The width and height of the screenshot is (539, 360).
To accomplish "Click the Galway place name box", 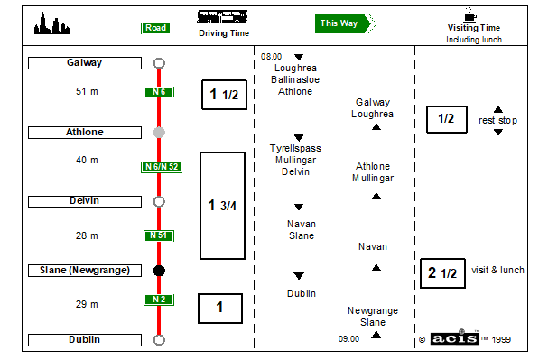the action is point(85,63).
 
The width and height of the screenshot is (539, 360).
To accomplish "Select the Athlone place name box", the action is point(85,133).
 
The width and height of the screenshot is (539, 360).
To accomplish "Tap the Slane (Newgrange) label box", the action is point(85,271).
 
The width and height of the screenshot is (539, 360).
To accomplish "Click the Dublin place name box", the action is point(85,340).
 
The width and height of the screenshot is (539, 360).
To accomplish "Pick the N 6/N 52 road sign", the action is point(162,167).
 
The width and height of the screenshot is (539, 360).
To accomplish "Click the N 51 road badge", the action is point(159,235).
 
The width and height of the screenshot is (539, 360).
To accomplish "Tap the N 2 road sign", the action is point(159,300).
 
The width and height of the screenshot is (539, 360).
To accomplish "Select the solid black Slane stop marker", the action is point(159,271).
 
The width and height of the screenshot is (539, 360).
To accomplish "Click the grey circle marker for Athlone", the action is point(159,133).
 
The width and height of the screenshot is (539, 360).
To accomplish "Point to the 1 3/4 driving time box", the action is point(223,206).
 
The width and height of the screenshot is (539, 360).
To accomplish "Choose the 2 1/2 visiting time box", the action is point(442,273).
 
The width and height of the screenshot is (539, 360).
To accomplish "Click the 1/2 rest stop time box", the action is point(447,119).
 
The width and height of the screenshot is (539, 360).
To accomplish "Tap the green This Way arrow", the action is point(346,23).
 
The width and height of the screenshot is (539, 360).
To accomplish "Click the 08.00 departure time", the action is point(271,57).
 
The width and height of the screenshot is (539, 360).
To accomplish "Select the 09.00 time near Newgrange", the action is point(348,339).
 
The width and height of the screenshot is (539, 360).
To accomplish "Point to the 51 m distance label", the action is point(87,91).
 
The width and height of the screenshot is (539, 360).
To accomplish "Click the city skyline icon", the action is point(51,23).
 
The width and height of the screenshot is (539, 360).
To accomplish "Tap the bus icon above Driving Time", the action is point(222,16).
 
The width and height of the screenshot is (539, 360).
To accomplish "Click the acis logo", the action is point(454,338).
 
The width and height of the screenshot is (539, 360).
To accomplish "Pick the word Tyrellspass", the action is point(295,148).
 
